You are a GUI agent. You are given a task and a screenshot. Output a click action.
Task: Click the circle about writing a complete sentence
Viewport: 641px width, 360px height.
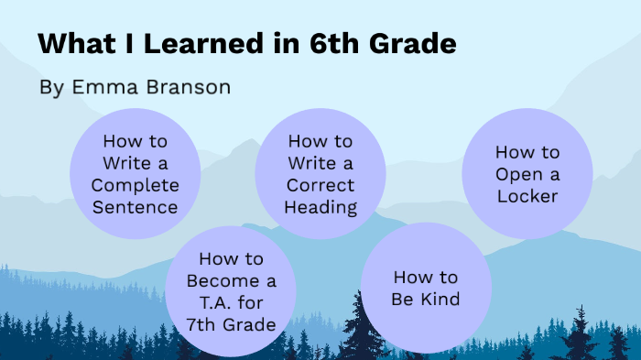coord(136,174)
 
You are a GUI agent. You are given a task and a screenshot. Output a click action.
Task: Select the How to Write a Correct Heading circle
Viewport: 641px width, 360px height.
coord(320,174)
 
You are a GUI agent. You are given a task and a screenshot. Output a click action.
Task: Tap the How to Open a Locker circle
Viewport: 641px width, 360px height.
coord(527,174)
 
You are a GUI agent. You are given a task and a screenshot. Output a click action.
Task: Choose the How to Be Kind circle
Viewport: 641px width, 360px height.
coord(426,288)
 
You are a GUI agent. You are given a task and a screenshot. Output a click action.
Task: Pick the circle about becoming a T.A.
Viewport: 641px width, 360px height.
coord(230,291)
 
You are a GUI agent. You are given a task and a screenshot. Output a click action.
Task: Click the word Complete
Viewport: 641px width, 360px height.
coord(136,185)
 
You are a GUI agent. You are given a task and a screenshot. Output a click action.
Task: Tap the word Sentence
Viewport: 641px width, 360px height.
coord(136,207)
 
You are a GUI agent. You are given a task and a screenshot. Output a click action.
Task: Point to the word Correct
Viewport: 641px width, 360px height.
coord(320,185)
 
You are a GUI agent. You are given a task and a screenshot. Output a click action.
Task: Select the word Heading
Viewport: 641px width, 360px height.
coord(320,207)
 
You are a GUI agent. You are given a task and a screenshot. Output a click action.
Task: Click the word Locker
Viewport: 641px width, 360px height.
coord(527,196)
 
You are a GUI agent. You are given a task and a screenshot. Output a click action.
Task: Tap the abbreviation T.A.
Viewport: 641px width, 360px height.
coord(206,302)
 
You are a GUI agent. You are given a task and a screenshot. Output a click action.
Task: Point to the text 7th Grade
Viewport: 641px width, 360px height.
coord(230,324)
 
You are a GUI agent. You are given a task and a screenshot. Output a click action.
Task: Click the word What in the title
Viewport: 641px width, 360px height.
coord(76,43)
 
